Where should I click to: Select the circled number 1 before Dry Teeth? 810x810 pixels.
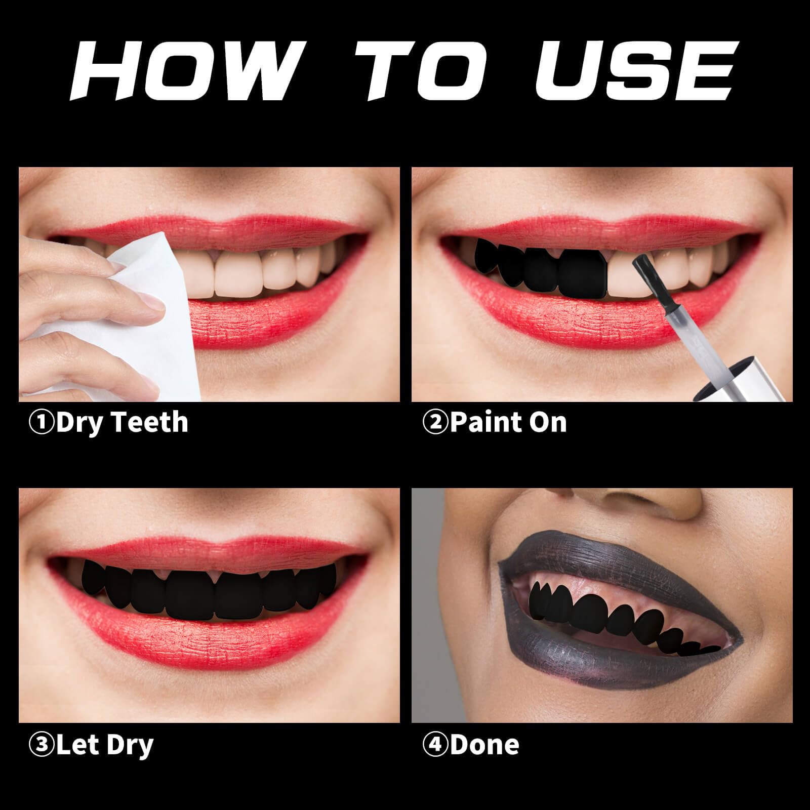[x=42, y=423]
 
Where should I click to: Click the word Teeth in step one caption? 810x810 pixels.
[x=150, y=423]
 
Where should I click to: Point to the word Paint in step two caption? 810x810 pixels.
[x=478, y=423]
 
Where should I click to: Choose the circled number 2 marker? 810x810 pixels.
[x=435, y=423]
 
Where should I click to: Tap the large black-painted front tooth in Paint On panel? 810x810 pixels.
[x=583, y=273]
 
